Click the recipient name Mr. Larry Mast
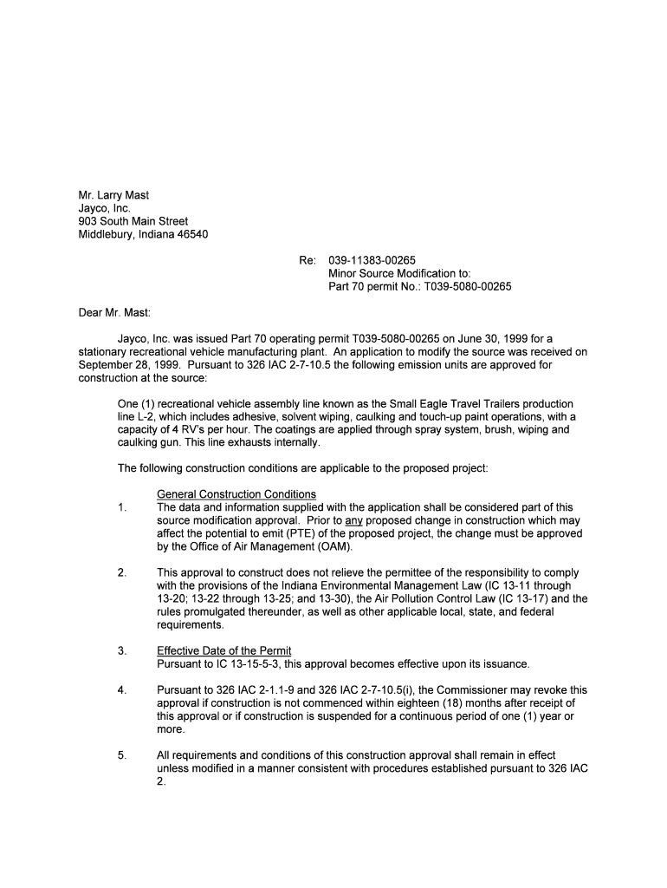pyautogui.click(x=113, y=195)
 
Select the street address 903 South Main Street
pyautogui.click(x=133, y=221)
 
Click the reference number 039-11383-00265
pyautogui.click(x=372, y=259)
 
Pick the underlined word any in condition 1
pyautogui.click(x=353, y=520)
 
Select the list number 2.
pyautogui.click(x=122, y=572)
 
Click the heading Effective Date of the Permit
pyautogui.click(x=223, y=650)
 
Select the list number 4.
pyautogui.click(x=122, y=690)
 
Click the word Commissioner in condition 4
pyautogui.click(x=488, y=690)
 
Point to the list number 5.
pyautogui.click(x=122, y=755)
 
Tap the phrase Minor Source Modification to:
pyautogui.click(x=399, y=272)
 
